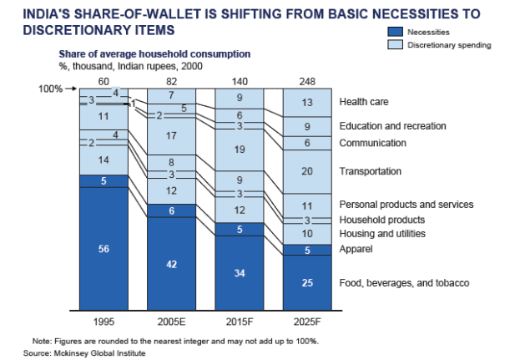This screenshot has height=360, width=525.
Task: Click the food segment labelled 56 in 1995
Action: tap(103, 247)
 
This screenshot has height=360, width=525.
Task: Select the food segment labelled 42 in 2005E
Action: tap(172, 263)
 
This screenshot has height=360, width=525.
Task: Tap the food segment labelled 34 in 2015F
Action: tap(240, 272)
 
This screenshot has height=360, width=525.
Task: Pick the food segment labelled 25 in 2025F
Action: tap(307, 282)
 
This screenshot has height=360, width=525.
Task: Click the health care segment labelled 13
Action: tap(307, 102)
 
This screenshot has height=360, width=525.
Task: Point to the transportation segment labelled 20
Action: tap(307, 171)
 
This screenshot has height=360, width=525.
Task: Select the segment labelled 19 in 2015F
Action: tap(240, 150)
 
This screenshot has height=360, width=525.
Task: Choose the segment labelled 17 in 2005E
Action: tap(172, 135)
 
